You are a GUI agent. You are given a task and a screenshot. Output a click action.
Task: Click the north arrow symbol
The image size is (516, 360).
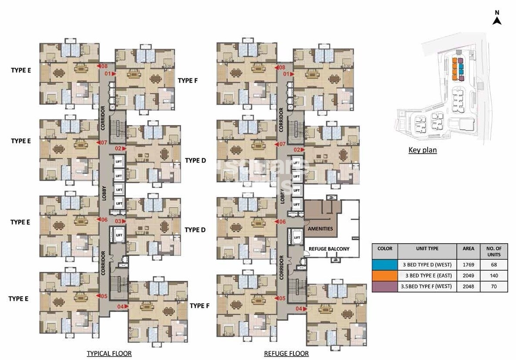click(x=497, y=20)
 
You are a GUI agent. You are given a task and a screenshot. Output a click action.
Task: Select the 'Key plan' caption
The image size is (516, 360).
click(x=422, y=150)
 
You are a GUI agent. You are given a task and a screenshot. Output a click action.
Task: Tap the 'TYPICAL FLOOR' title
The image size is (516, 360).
click(x=109, y=353)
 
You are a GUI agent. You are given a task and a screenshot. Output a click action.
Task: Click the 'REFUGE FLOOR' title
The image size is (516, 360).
click(x=286, y=353)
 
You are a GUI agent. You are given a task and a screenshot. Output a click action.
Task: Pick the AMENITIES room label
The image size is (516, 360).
click(x=320, y=229)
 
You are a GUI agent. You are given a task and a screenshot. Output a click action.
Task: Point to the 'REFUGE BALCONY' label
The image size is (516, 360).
click(x=329, y=249)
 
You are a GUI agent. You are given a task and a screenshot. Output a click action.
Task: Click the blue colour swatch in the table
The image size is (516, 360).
click(x=384, y=265)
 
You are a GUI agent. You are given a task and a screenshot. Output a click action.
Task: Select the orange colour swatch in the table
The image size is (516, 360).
click(x=384, y=275)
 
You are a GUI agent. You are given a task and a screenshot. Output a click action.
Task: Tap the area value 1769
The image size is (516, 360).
click(x=469, y=265)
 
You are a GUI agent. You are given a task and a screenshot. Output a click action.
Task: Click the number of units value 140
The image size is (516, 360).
click(x=494, y=275)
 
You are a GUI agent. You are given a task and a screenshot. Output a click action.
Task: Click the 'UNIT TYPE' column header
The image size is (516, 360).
click(x=427, y=249)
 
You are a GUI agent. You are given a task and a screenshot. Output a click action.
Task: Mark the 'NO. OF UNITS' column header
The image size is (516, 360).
click(x=494, y=251)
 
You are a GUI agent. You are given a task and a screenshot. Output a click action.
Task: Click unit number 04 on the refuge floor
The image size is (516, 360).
click(x=299, y=309)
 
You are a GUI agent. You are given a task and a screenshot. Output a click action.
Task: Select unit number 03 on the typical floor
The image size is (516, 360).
click(x=118, y=221)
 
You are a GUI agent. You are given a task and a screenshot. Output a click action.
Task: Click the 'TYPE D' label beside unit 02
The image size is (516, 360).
click(x=195, y=160)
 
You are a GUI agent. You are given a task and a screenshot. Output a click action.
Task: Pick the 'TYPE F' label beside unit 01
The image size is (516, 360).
click(x=188, y=81)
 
